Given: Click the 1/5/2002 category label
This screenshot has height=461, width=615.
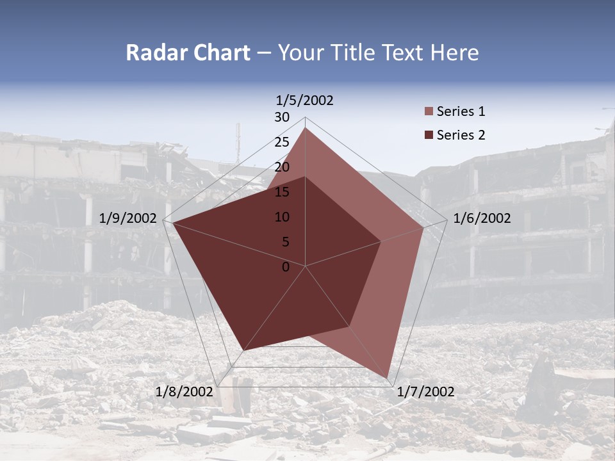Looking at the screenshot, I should pos(304,101).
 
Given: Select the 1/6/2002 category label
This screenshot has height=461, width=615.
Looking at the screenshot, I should pos(482,218).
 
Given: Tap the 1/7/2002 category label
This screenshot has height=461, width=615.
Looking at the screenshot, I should pos(425,392).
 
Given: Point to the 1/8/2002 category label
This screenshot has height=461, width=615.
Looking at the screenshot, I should pos(184,392).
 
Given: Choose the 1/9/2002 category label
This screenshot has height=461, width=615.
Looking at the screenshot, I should pos(128,218).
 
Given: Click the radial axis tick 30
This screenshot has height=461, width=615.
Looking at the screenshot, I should pos(282,117).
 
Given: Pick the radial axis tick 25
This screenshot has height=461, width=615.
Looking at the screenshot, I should pos(282,142).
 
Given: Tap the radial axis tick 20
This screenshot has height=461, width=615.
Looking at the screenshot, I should pos(282,167).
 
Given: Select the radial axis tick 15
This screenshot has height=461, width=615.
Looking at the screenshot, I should pos(282,192).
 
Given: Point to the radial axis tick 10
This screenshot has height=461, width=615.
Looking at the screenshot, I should pos(282,217).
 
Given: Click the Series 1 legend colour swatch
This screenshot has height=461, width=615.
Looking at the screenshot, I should pos(429,112).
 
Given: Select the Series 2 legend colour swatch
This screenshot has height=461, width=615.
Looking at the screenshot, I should pos(429,135).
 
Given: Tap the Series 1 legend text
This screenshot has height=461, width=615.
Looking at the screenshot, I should pos(461,112).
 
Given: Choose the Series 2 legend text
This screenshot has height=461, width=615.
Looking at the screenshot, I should pos(461,135).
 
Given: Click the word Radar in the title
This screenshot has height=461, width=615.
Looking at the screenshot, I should pos(156,53).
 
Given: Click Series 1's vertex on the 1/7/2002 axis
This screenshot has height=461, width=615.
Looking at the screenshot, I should pos(388,378).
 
